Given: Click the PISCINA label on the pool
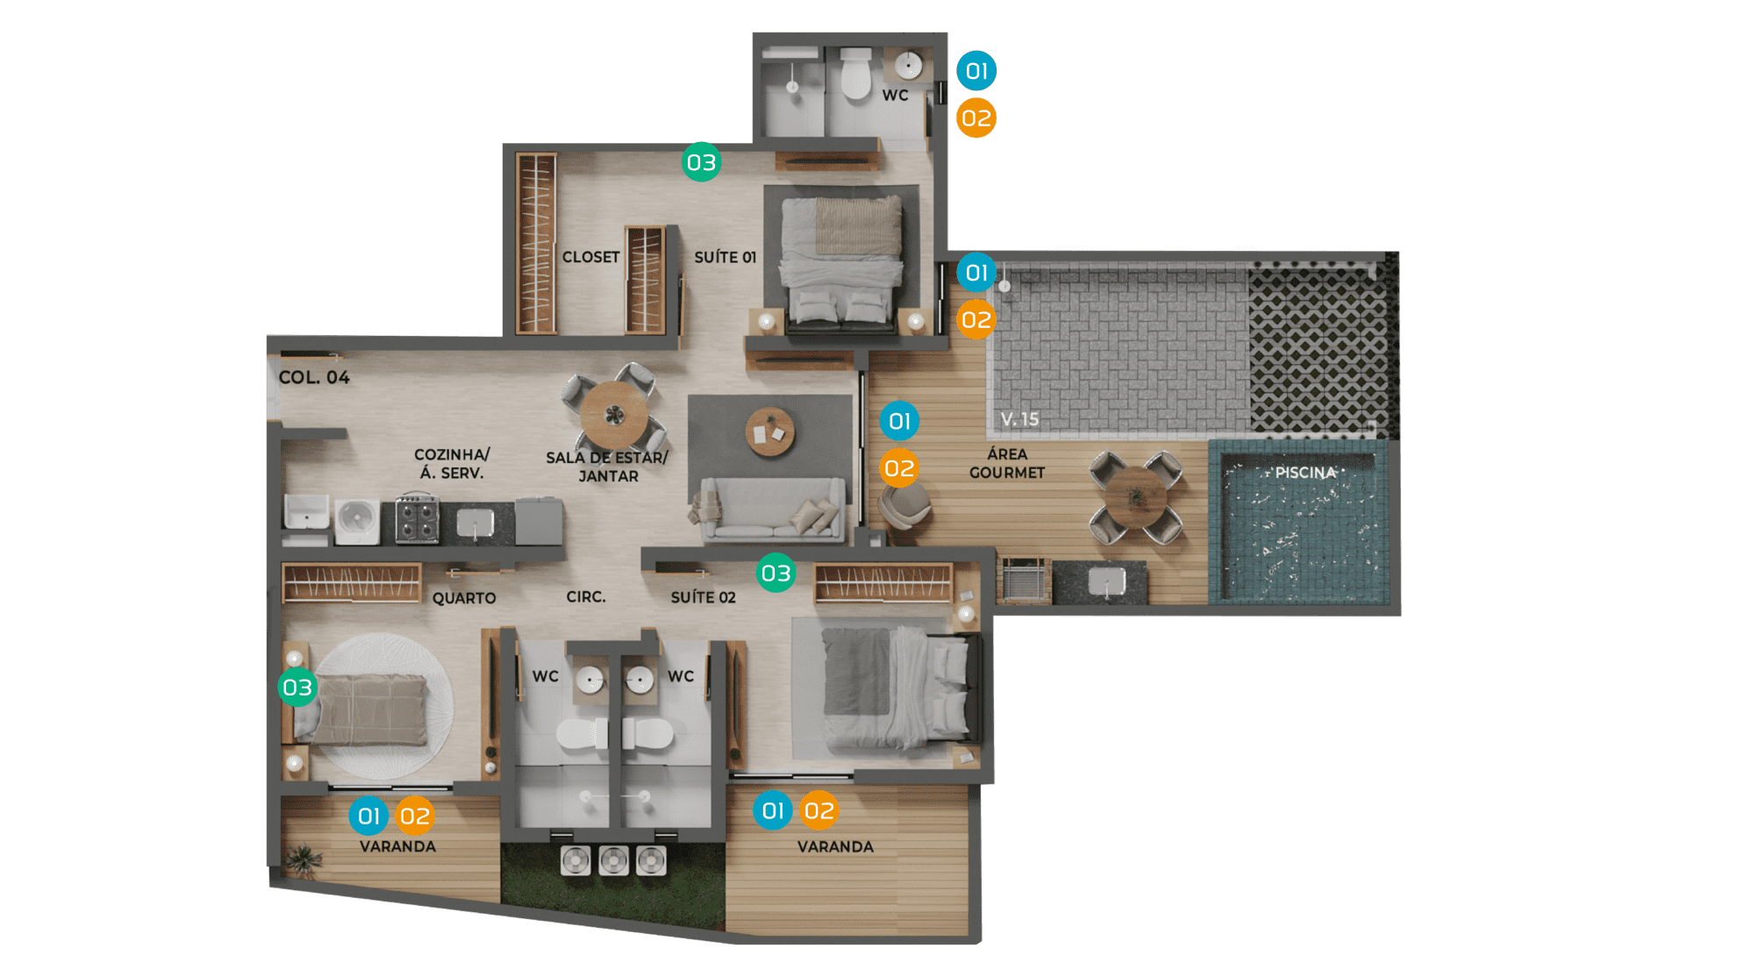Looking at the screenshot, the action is tap(1305, 473).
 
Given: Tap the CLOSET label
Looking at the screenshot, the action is tap(590, 257).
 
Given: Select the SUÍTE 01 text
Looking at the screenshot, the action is tap(725, 257).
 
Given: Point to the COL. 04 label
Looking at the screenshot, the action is tap(314, 377).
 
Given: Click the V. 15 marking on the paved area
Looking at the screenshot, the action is tap(1019, 419).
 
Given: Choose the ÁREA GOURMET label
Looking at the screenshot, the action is tap(1007, 463).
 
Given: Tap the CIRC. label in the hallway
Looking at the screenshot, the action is tap(586, 596).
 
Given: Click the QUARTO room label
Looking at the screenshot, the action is tap(464, 598).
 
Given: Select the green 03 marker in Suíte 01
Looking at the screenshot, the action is tap(701, 162).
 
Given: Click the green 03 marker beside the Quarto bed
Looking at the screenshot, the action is tap(297, 688).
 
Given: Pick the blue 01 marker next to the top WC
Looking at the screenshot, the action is tap(976, 71).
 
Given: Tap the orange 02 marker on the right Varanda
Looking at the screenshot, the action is tap(818, 810).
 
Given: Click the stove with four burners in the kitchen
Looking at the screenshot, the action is tap(417, 519).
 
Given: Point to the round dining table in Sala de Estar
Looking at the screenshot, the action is tap(614, 415).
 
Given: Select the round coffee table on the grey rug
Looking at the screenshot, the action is tap(770, 431).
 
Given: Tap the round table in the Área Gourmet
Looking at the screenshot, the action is tap(1136, 497).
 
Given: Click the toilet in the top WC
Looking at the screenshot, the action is tap(856, 74).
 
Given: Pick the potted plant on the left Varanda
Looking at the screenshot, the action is tap(303, 859).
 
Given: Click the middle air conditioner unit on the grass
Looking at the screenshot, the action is tap(613, 860).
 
